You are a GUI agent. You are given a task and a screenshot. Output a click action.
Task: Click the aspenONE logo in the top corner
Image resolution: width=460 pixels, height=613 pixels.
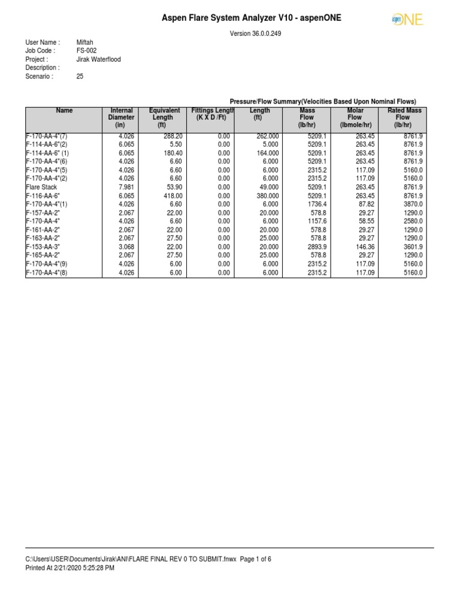pyautogui.click(x=407, y=20)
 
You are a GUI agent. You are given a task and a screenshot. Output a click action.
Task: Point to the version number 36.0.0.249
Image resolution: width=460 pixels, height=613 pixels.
pyautogui.click(x=256, y=34)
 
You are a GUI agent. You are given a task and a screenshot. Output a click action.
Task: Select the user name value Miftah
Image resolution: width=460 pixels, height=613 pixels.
pyautogui.click(x=85, y=43)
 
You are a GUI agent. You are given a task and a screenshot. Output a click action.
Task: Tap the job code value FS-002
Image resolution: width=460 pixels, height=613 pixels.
pyautogui.click(x=86, y=51)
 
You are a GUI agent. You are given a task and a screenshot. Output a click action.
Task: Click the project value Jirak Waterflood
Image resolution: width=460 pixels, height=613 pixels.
pyautogui.click(x=98, y=60)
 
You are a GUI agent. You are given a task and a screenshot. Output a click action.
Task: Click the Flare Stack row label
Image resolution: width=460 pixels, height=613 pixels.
pyautogui.click(x=41, y=187)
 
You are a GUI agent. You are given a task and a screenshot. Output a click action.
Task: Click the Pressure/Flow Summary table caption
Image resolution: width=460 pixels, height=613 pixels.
pyautogui.click(x=323, y=101)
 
